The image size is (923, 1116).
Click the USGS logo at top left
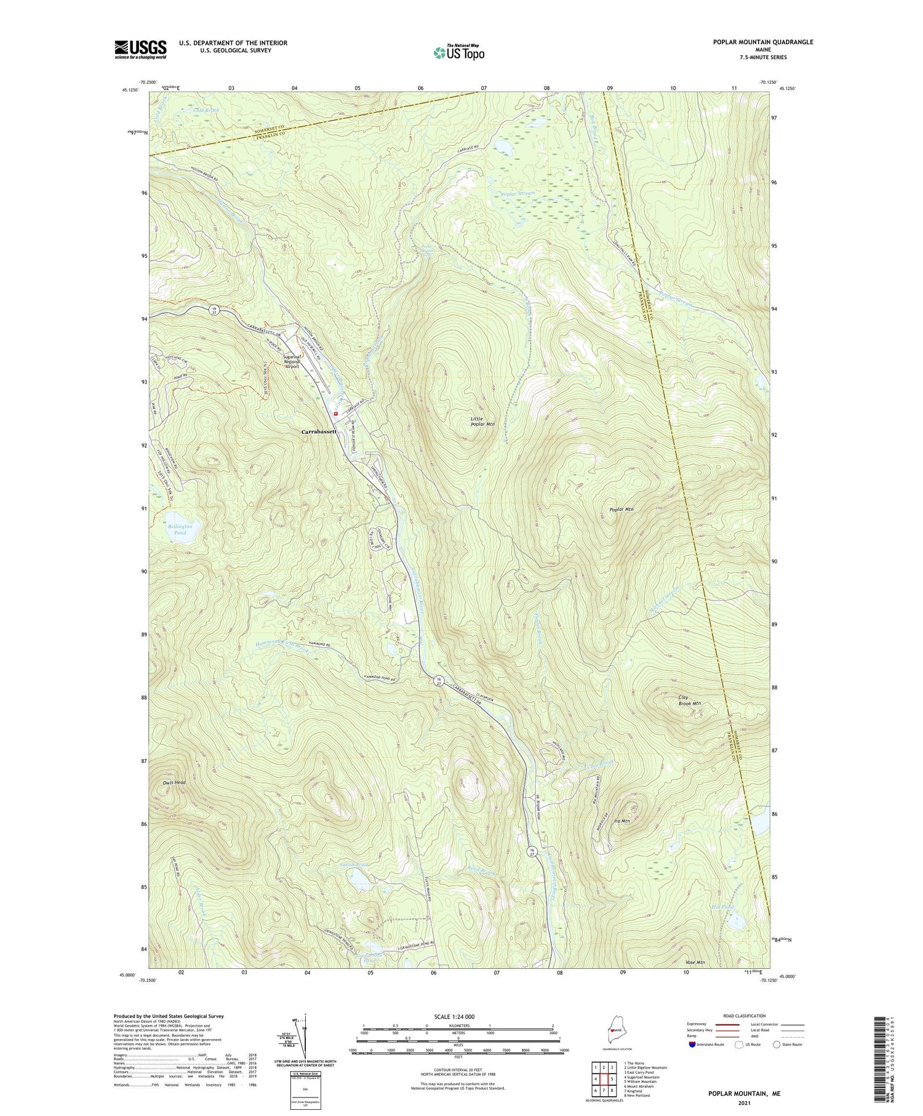pos(140,49)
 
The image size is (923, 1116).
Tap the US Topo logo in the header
pos(458,52)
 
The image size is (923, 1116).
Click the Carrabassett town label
pos(319,432)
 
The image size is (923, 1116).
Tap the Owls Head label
pos(174,782)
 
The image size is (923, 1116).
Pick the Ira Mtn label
pos(621,821)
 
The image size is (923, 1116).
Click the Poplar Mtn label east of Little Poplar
pos(621,510)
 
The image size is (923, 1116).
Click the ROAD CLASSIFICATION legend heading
pos(745,1016)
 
